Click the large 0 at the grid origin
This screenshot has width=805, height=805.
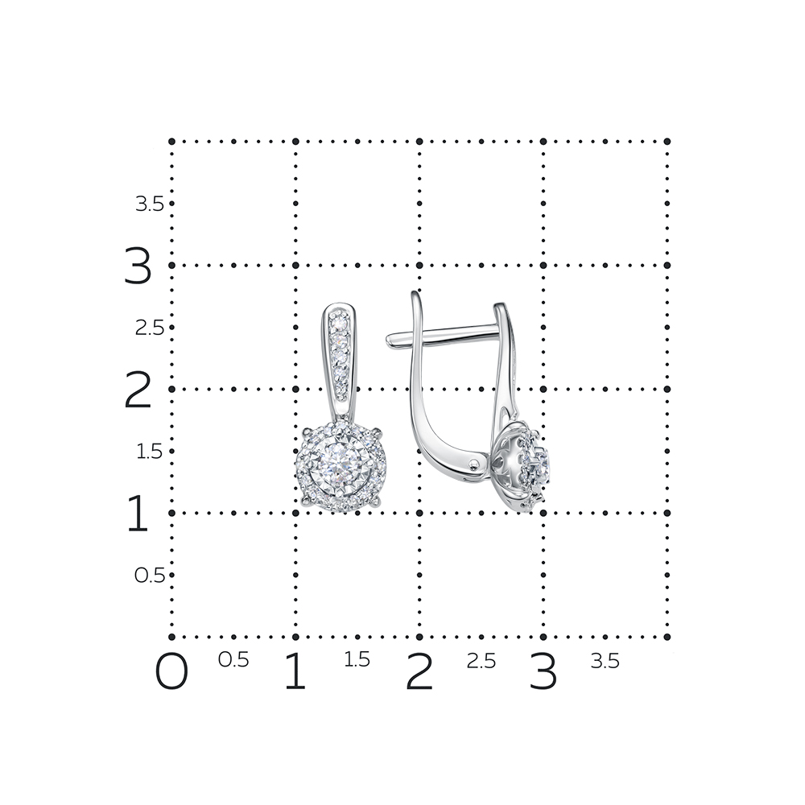(171, 671)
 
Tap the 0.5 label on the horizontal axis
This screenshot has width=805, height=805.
(233, 660)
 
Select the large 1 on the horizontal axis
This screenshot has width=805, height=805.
(295, 671)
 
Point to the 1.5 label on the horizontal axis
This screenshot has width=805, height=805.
(357, 660)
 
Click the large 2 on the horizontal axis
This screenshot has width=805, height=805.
(419, 671)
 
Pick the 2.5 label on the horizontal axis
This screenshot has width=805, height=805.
(481, 661)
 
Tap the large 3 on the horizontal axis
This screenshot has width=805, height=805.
(543, 671)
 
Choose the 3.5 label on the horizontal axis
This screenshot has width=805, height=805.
(605, 661)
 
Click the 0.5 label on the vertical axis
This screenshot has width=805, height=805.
(150, 575)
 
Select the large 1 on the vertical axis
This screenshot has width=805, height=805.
(137, 513)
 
